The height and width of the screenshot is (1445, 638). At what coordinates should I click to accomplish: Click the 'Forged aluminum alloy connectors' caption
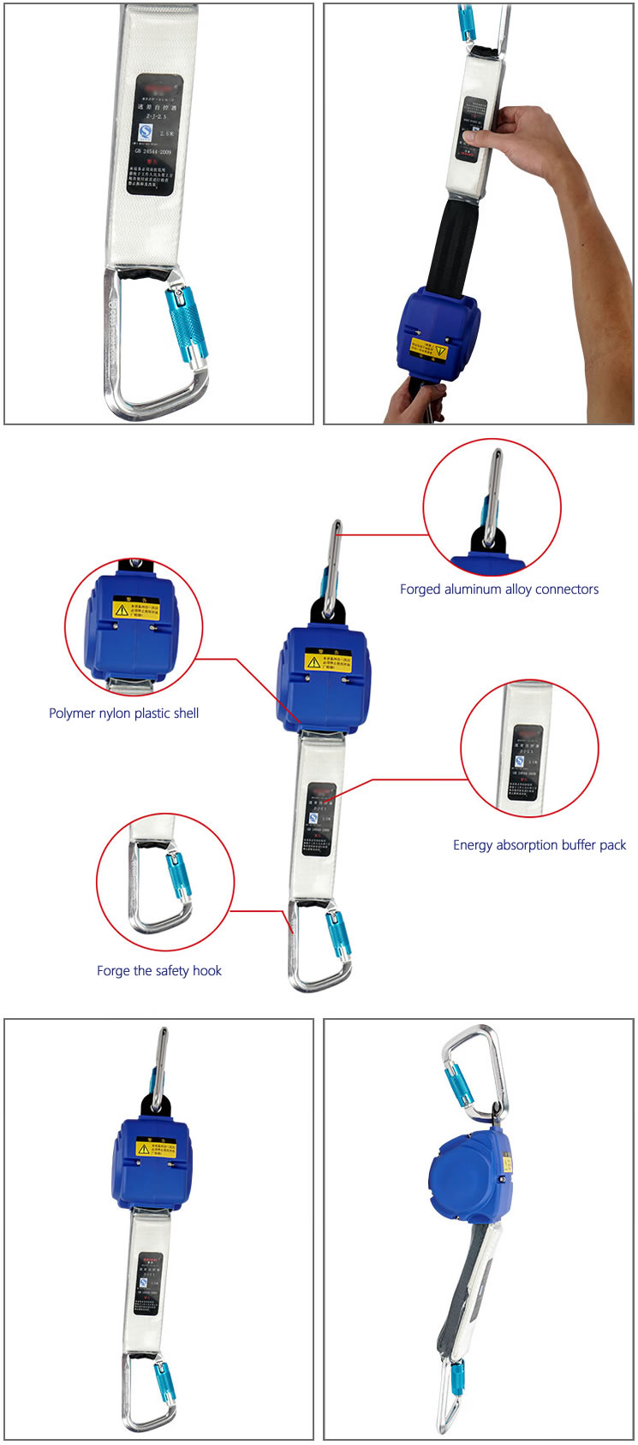coord(498,589)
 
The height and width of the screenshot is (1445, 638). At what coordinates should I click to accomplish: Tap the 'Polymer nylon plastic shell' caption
coord(123,713)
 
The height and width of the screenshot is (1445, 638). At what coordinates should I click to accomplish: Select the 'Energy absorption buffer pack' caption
coord(540,844)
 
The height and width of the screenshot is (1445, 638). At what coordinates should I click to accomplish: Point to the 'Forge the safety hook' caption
coord(158,970)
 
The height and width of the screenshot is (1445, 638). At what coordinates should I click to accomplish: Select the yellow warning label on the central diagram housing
coord(328,660)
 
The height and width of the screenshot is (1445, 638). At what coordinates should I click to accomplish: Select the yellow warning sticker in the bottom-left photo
coord(157,1147)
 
